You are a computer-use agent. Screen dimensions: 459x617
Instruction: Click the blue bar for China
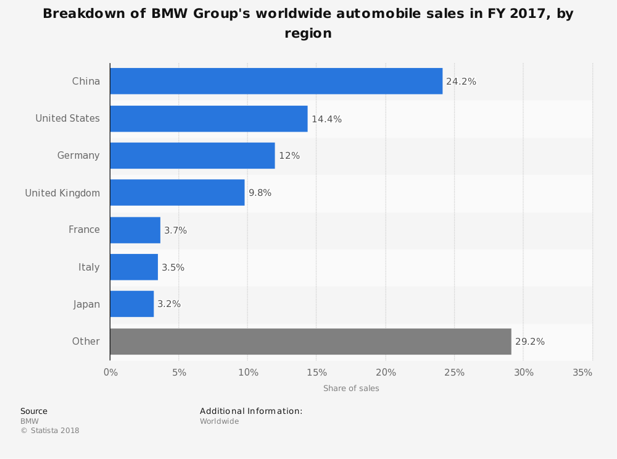276,81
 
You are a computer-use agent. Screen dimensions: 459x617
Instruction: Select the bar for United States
209,119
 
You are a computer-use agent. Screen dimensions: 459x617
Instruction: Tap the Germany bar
192,156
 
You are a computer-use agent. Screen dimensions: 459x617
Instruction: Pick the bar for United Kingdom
177,193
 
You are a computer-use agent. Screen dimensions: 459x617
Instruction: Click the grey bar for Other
310,342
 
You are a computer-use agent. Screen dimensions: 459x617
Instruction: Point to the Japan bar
131,304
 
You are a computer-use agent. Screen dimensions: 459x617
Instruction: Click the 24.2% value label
461,82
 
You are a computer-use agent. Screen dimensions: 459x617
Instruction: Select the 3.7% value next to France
175,230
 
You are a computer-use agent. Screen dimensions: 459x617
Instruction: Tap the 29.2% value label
529,342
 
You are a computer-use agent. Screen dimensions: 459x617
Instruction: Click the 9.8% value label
260,193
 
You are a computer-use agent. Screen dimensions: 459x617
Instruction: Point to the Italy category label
89,267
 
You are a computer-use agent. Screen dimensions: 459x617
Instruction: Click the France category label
84,230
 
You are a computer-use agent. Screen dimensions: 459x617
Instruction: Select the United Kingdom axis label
62,193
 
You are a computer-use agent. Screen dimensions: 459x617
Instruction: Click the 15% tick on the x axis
317,373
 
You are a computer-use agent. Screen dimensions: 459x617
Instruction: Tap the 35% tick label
582,373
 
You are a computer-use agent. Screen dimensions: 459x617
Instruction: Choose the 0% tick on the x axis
110,373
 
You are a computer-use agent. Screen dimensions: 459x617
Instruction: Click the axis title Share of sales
351,389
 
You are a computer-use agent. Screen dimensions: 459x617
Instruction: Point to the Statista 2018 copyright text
50,431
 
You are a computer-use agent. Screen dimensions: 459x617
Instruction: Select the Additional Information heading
251,411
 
